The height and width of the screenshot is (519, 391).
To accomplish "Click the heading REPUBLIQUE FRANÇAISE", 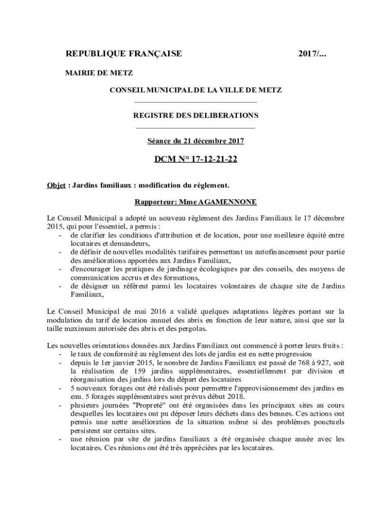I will pyautogui.click(x=124, y=54).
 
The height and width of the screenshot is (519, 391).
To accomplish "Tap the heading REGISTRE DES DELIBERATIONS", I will pyautogui.click(x=195, y=116).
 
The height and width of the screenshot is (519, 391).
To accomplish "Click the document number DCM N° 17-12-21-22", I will pyautogui.click(x=195, y=160).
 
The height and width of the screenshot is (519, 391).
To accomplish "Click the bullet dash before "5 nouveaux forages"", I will pyautogui.click(x=61, y=388).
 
